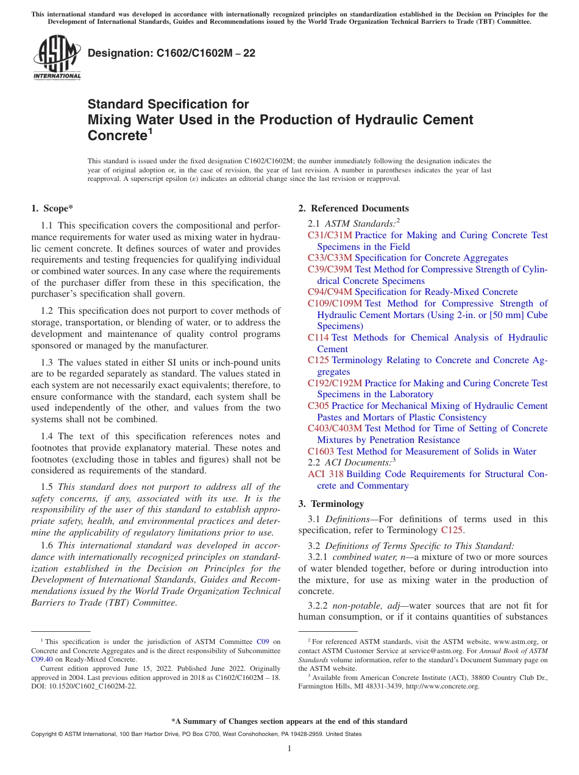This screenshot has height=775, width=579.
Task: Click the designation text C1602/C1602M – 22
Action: pos(171,54)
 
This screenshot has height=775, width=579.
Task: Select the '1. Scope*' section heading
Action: pos(52,208)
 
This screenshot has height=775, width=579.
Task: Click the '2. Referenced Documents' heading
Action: pos(353,208)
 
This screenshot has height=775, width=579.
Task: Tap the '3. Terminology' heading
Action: pos(331,504)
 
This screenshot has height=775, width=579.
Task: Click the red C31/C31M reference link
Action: pos(330,235)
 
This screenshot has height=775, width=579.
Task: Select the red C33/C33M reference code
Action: pos(330,258)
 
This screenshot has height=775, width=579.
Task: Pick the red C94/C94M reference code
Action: pos(330,292)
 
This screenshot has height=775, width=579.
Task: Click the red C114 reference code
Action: pos(318,338)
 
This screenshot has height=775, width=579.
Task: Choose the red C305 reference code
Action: pos(318,406)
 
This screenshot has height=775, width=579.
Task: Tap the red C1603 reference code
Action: pos(321,451)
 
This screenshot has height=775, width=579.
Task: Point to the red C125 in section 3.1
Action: pos(452,530)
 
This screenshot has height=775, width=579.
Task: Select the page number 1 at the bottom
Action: pos(289,748)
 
